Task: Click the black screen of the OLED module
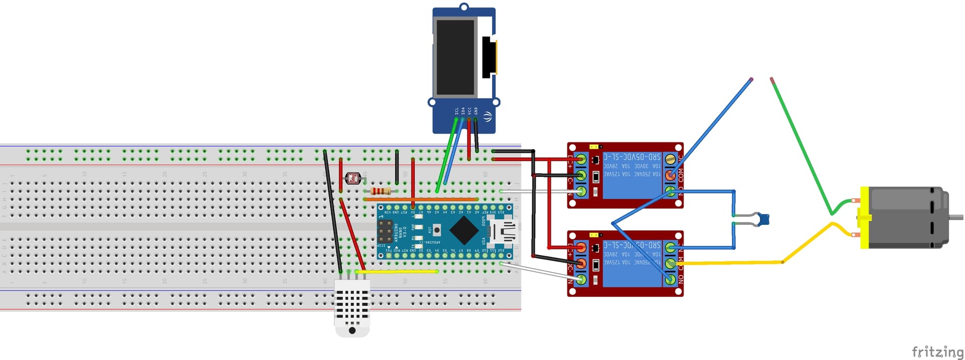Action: click(x=455, y=57)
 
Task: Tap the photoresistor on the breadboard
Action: click(x=353, y=177)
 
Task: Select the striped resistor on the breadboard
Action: click(x=380, y=191)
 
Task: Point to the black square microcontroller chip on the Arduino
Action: click(x=463, y=229)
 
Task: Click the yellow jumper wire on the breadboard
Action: click(x=397, y=272)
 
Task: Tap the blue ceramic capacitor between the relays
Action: click(x=763, y=219)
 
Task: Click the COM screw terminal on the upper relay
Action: click(x=670, y=175)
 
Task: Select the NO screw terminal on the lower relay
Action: click(x=670, y=279)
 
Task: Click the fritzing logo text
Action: click(x=937, y=351)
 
